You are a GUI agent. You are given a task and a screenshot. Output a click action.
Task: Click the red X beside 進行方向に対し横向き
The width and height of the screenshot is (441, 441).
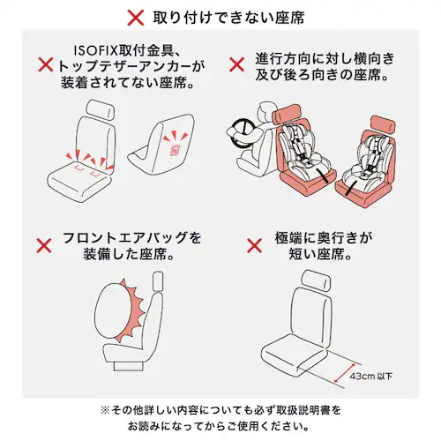(236, 65)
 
